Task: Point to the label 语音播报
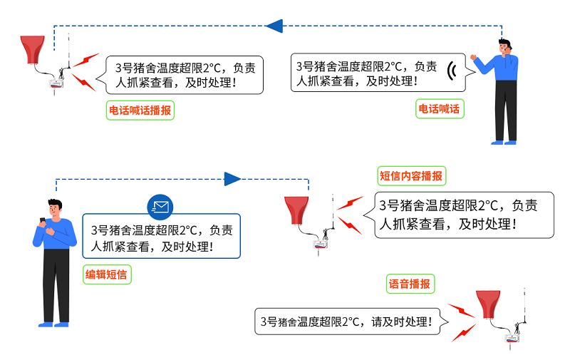click(409, 284)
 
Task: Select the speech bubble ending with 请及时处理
click(347, 322)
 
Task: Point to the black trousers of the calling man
click(506, 110)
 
